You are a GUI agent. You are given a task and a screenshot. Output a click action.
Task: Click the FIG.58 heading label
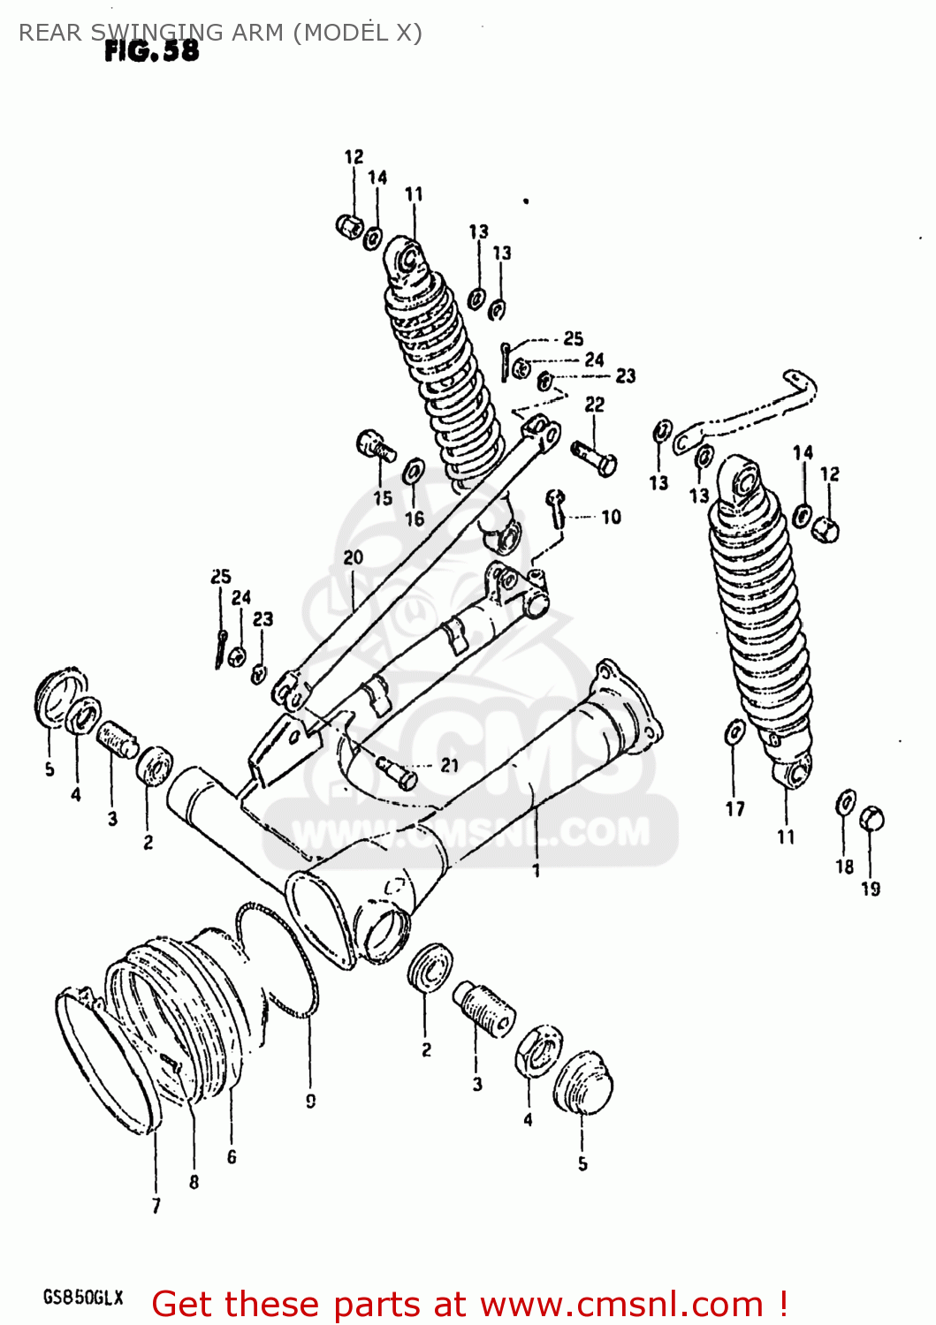(x=151, y=51)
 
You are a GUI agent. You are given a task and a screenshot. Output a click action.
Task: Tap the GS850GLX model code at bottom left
(x=83, y=1298)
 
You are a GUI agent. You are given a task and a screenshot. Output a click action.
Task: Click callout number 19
(x=871, y=889)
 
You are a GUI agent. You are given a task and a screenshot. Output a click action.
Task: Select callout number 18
(x=844, y=867)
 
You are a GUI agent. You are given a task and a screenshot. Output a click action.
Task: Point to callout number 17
(x=734, y=808)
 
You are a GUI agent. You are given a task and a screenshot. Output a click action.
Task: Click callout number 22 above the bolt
(x=595, y=404)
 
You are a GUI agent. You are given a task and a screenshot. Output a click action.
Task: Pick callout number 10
(x=611, y=517)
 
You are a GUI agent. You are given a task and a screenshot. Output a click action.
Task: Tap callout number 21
(x=449, y=765)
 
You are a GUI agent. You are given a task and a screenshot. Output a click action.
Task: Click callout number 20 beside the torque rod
(x=353, y=557)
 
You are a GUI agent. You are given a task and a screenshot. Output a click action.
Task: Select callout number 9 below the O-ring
(x=310, y=1101)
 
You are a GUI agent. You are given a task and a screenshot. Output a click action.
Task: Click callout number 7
(x=156, y=1205)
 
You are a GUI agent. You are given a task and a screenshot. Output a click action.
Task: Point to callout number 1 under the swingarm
(x=536, y=871)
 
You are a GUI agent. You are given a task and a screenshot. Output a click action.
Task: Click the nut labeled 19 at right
(x=871, y=818)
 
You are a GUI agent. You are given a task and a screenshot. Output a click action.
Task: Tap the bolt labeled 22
(x=595, y=457)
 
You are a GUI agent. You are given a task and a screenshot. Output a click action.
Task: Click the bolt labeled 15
(x=375, y=445)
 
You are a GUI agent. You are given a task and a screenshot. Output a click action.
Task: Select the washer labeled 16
(x=413, y=473)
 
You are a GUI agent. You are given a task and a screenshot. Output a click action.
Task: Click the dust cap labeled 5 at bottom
(x=583, y=1083)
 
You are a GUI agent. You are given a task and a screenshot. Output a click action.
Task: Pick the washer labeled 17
(x=734, y=733)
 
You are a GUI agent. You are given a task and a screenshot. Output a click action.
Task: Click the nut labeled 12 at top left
(x=350, y=226)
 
